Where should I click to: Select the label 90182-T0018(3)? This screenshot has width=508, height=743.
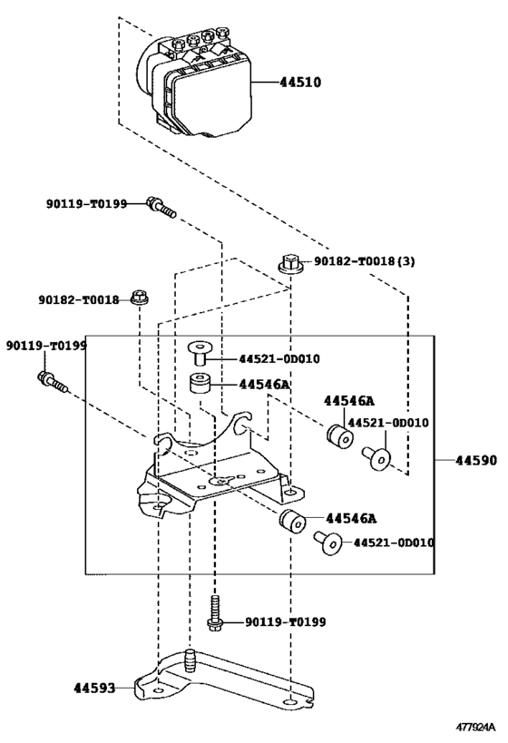pyautogui.click(x=365, y=261)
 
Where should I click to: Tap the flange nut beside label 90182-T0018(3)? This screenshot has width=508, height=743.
pyautogui.click(x=289, y=264)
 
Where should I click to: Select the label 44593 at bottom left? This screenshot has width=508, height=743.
pyautogui.click(x=95, y=688)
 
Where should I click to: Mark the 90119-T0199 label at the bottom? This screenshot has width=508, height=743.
pyautogui.click(x=285, y=622)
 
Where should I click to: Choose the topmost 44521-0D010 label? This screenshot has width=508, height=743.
pyautogui.click(x=279, y=358)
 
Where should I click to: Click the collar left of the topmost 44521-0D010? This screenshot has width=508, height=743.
pyautogui.click(x=198, y=351)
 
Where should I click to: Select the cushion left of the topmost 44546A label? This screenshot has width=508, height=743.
pyautogui.click(x=200, y=385)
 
